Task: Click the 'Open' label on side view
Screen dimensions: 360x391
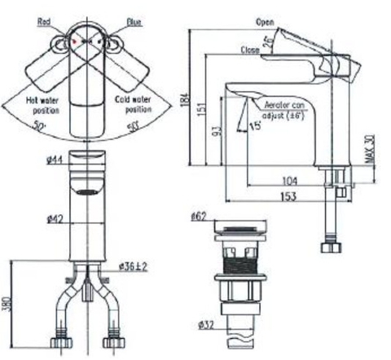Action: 264,21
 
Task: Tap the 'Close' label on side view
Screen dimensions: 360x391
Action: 250,50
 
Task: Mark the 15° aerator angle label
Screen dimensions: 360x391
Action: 256,126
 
